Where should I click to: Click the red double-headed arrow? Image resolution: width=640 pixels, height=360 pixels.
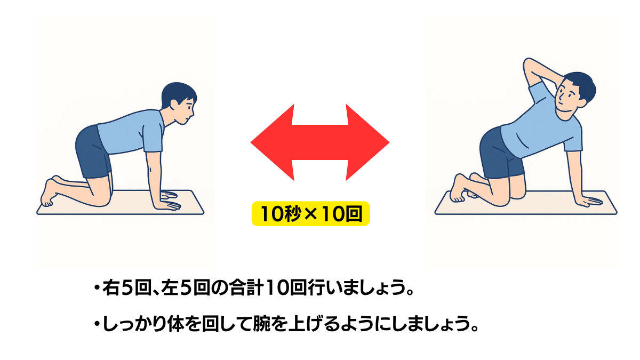pyautogui.click(x=320, y=142)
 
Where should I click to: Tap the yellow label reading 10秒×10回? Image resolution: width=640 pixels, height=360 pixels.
pyautogui.click(x=311, y=214)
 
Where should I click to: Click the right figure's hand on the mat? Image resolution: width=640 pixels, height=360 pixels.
pyautogui.click(x=589, y=201)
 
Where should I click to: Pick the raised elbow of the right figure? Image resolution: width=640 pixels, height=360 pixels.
pyautogui.click(x=527, y=64)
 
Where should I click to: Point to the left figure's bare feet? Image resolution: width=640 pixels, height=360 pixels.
pyautogui.click(x=49, y=192)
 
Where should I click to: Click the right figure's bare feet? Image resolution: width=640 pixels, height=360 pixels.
pyautogui.click(x=458, y=189)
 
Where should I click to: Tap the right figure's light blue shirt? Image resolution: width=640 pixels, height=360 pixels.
pyautogui.click(x=541, y=125)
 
